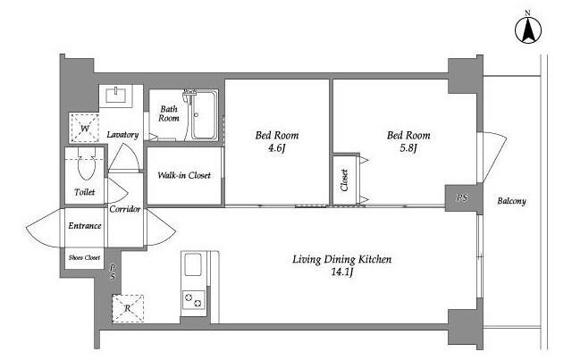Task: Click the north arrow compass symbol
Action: click(x=528, y=29)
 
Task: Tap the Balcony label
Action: click(x=511, y=201)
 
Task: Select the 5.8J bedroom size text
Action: click(x=408, y=147)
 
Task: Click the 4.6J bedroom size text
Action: click(x=276, y=147)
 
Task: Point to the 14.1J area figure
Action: click(x=341, y=272)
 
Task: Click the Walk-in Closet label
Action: click(x=184, y=175)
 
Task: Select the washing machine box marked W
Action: click(x=85, y=128)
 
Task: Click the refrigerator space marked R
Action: click(x=127, y=308)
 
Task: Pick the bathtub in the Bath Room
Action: click(x=204, y=115)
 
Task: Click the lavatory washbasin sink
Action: click(x=116, y=96)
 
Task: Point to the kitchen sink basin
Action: click(x=193, y=264)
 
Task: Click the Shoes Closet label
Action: click(x=84, y=257)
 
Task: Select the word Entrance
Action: click(x=85, y=226)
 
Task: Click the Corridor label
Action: click(x=125, y=209)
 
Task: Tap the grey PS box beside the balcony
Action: click(x=464, y=198)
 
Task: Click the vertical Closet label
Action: click(x=344, y=180)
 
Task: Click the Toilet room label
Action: click(x=85, y=192)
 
